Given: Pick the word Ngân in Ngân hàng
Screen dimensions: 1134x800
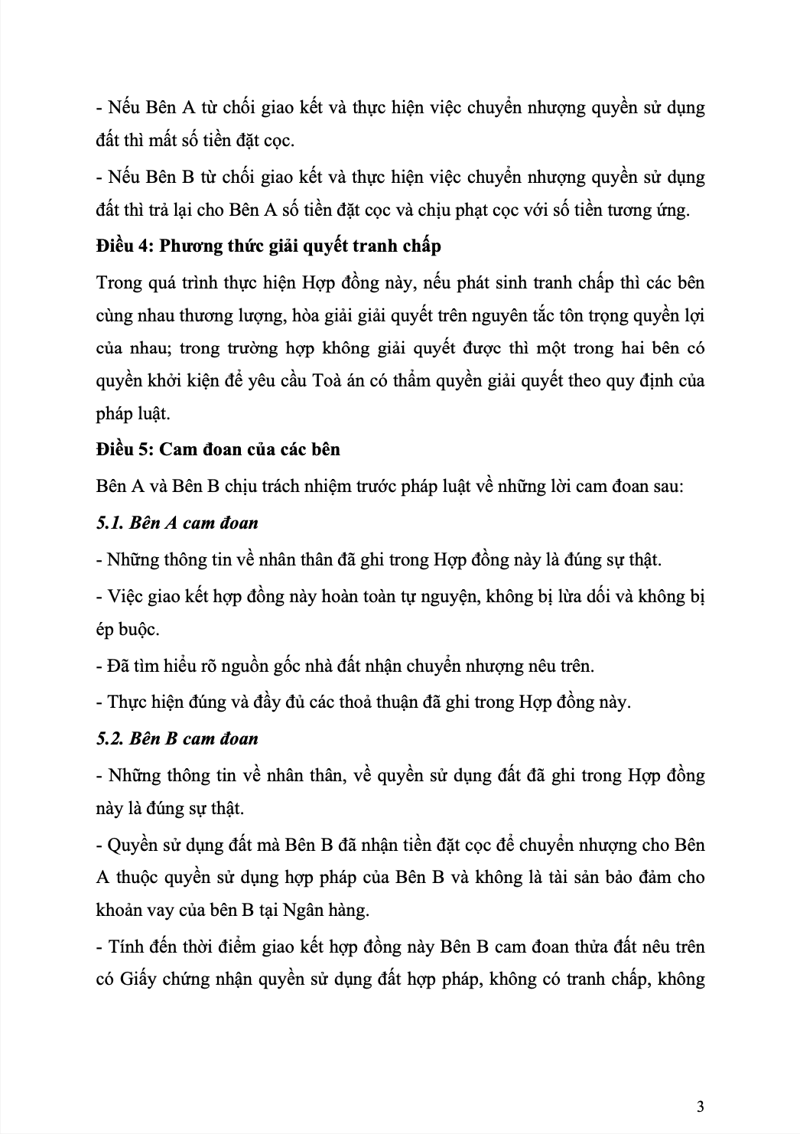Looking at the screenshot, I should click(x=303, y=911).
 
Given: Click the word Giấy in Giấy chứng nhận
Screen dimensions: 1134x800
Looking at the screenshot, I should click(x=138, y=979).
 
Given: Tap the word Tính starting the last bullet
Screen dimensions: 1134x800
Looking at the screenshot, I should click(x=126, y=947).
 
